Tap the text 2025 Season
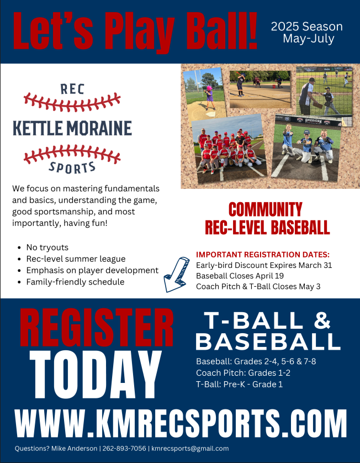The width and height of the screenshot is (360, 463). (306, 27)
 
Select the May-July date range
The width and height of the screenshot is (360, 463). (306, 39)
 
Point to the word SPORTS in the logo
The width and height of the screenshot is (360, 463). (72, 167)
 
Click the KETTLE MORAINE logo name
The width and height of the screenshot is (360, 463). (72, 128)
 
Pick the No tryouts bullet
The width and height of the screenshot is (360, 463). (47, 248)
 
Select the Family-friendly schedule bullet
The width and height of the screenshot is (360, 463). (75, 282)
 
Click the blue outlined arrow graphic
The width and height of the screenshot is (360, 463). (176, 273)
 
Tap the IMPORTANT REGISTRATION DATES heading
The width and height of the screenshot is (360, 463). (262, 254)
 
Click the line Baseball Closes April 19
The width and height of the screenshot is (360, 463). (240, 275)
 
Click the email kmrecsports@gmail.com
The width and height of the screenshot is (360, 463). (190, 449)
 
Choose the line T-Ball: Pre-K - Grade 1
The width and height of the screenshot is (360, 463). (239, 384)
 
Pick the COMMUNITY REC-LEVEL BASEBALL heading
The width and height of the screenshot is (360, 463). (267, 218)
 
